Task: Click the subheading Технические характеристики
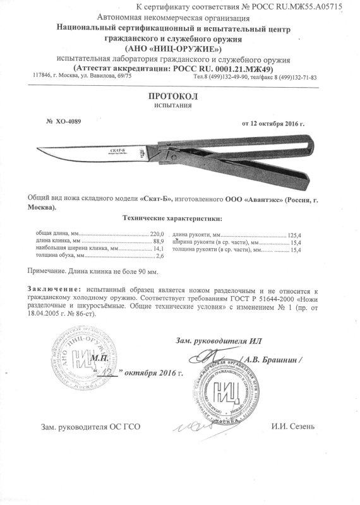(x=171, y=218)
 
